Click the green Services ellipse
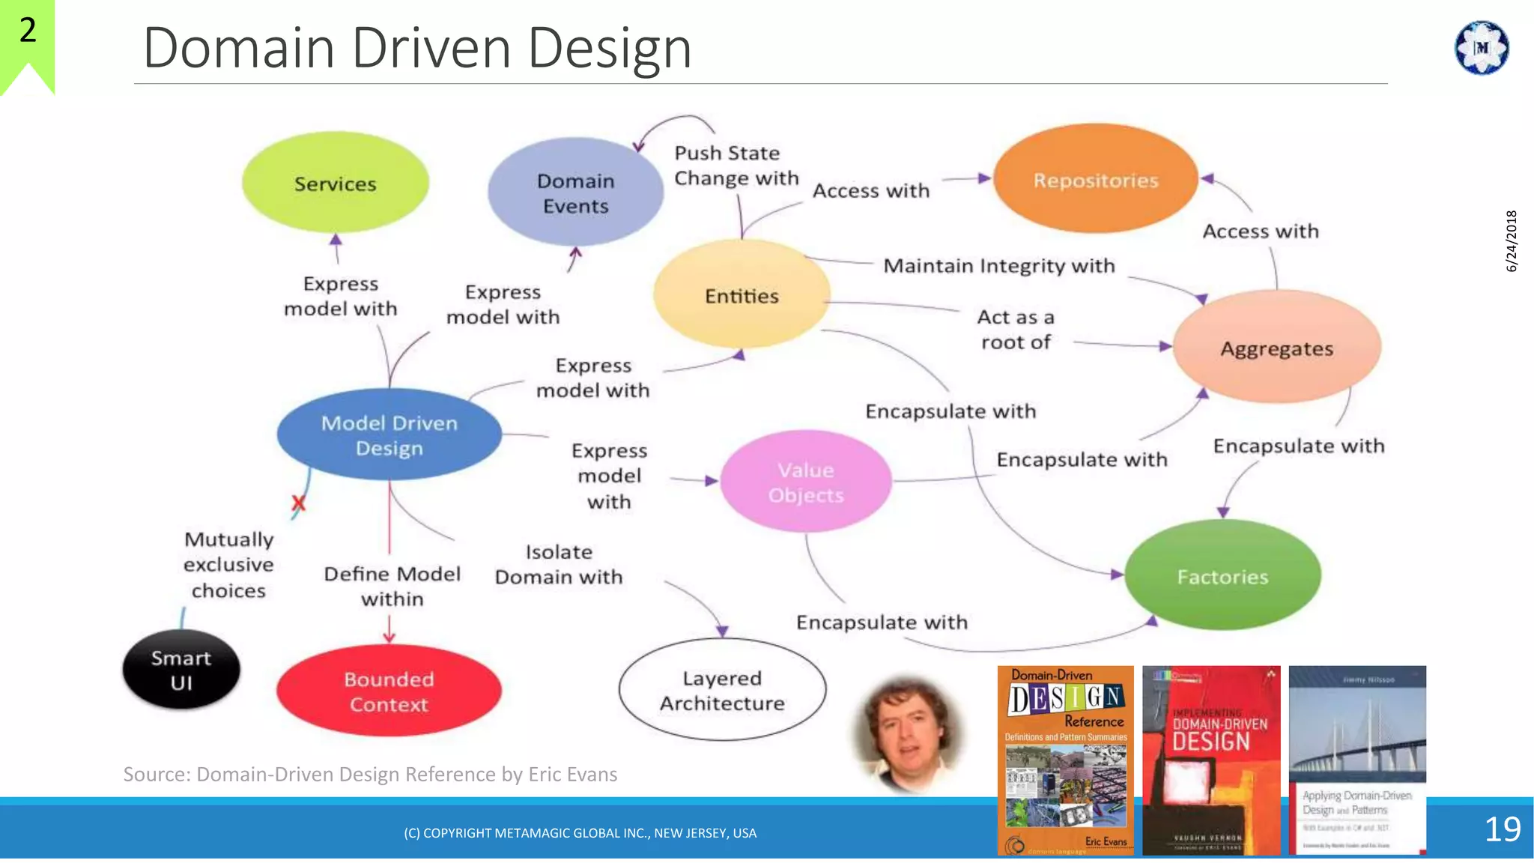click(x=335, y=183)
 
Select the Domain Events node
click(x=575, y=193)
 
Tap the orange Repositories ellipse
click(x=1095, y=180)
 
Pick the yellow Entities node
click(x=742, y=295)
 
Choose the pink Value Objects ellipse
click(x=806, y=482)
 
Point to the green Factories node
click(x=1222, y=576)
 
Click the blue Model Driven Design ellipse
click(x=389, y=435)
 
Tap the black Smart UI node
click(x=181, y=670)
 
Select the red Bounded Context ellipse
click(x=389, y=691)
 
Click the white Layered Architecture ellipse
click(x=722, y=690)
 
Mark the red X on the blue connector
click(x=298, y=503)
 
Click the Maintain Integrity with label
click(x=998, y=266)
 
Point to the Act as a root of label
click(x=1016, y=330)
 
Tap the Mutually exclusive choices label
click(x=228, y=565)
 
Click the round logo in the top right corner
click(x=1481, y=48)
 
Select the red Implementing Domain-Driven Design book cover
click(x=1211, y=760)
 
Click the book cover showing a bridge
click(x=1357, y=760)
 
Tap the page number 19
click(x=1502, y=829)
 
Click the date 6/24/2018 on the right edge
click(x=1511, y=240)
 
